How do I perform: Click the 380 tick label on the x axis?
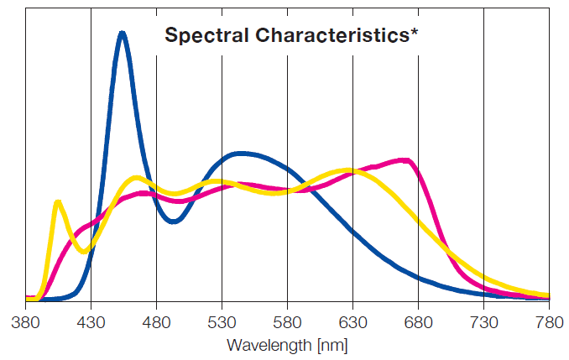[26, 323]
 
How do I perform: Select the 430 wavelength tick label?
[91, 323]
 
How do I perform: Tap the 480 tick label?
[156, 323]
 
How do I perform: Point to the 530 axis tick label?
[222, 323]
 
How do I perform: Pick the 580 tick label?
[287, 323]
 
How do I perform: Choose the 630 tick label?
[352, 323]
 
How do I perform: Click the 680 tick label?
[418, 323]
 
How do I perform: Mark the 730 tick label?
[483, 323]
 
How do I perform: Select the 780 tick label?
[549, 323]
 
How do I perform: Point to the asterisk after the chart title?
[415, 34]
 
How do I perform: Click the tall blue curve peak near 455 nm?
[123, 34]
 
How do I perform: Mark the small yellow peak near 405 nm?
[57, 201]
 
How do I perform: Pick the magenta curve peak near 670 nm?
[406, 159]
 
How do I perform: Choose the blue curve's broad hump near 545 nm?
[242, 154]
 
